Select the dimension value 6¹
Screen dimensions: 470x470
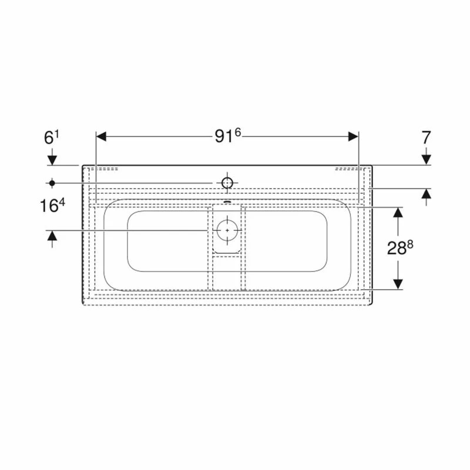coord(52,137)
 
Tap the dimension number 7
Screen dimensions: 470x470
coord(426,137)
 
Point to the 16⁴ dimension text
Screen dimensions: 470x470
coord(52,206)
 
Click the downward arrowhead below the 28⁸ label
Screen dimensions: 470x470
coord(398,283)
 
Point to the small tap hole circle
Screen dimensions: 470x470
coord(227,182)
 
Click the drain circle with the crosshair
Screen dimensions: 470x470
coord(227,230)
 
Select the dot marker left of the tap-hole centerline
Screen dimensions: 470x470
coord(52,183)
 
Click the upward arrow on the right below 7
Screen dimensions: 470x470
coord(426,196)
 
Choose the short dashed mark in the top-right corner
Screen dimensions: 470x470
coord(346,168)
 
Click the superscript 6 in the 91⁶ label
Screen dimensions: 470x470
coord(238,133)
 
